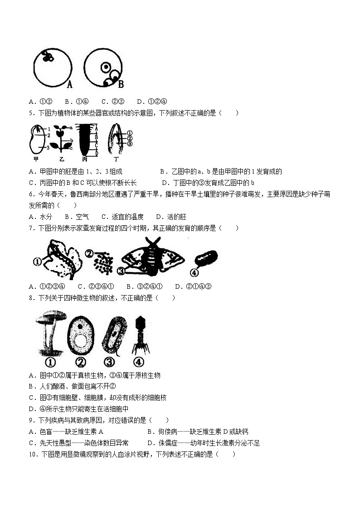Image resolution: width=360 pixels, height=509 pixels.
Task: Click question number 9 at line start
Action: [31, 420]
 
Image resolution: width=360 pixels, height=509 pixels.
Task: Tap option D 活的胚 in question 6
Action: [171, 217]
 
